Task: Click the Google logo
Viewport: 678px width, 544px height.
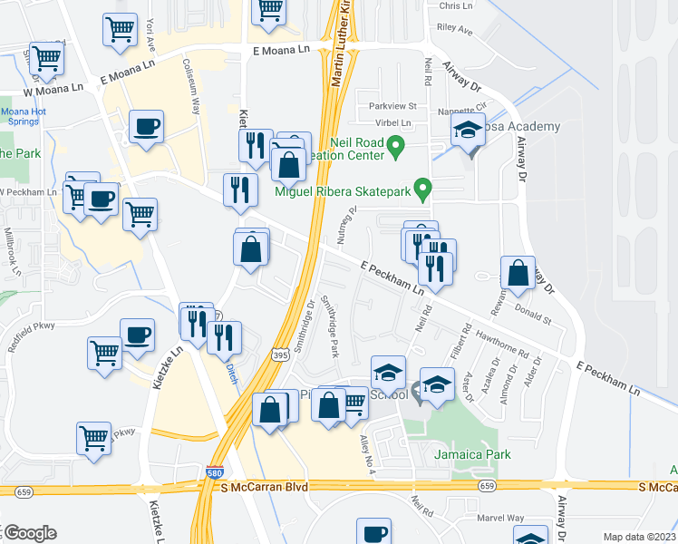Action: (29, 533)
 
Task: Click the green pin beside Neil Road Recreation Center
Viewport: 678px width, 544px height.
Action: (395, 145)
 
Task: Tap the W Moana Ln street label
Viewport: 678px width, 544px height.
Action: (53, 89)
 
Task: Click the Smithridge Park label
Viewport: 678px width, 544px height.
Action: (332, 329)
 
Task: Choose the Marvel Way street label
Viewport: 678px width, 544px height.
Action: (502, 519)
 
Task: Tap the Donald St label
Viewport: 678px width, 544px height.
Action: (533, 317)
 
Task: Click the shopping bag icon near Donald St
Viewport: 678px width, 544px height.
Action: (517, 273)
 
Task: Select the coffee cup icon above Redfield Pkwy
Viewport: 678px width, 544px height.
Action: (137, 335)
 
